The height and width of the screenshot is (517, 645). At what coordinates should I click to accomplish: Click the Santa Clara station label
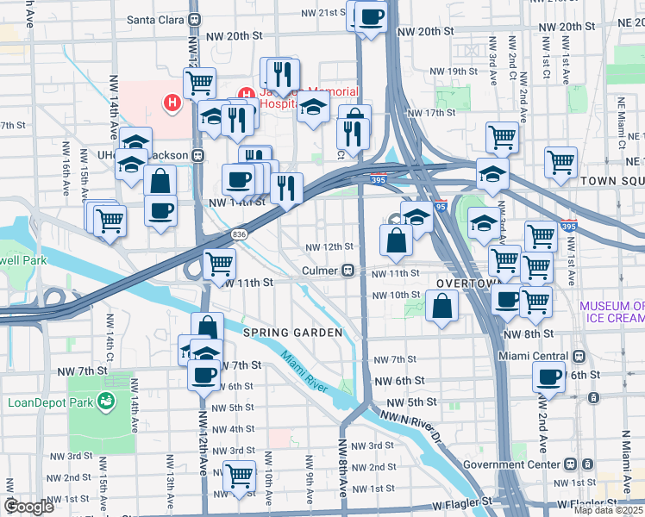point(157,18)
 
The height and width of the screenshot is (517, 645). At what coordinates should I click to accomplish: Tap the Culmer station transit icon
point(348,271)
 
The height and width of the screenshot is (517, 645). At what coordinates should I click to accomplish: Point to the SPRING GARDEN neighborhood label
point(293,333)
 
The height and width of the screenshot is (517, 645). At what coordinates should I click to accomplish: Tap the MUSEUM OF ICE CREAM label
point(611,312)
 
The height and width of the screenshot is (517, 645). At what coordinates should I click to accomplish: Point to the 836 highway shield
point(239,234)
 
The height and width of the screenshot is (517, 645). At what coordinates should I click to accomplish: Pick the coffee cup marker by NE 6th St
point(548,376)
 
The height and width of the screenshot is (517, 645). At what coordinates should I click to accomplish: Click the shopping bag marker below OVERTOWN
point(441,306)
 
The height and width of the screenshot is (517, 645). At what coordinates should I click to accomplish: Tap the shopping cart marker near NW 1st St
point(239,475)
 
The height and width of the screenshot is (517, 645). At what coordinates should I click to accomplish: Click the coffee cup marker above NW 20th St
point(372,16)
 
